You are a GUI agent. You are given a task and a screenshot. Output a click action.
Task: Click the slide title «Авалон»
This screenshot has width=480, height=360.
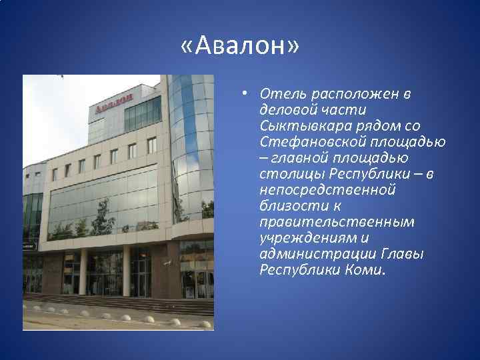tap(240, 47)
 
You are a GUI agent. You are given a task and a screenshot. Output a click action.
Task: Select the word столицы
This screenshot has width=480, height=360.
tap(291, 174)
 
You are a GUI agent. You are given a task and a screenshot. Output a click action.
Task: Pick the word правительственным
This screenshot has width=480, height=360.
tap(337, 222)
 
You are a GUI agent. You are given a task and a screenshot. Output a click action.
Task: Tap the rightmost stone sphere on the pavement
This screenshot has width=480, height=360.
tap(175, 321)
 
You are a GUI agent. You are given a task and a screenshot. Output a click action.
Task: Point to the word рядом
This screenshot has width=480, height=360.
tap(379, 126)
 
